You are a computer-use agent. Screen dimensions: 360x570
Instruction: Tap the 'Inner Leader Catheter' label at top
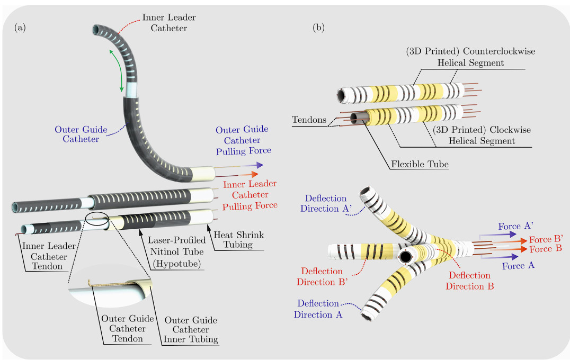coord(164,22)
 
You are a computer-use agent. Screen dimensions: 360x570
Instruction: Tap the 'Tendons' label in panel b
coord(310,121)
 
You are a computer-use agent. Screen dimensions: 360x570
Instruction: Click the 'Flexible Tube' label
coord(420,164)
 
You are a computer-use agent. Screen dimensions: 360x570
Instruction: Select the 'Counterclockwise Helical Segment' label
coord(471,57)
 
